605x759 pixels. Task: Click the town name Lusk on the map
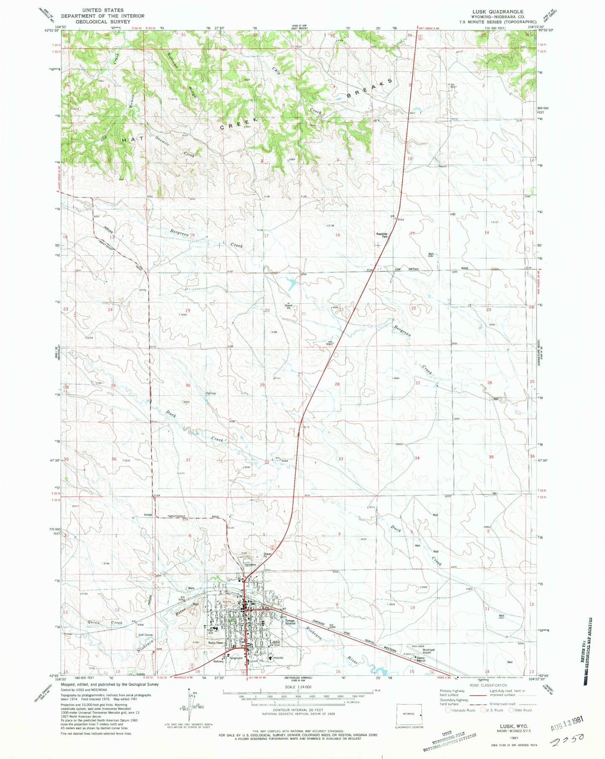pos(275,641)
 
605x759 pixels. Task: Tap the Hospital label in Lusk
pos(278,658)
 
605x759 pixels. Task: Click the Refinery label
pos(219,662)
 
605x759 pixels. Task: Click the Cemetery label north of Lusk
pos(250,564)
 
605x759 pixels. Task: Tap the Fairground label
pos(235,658)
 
